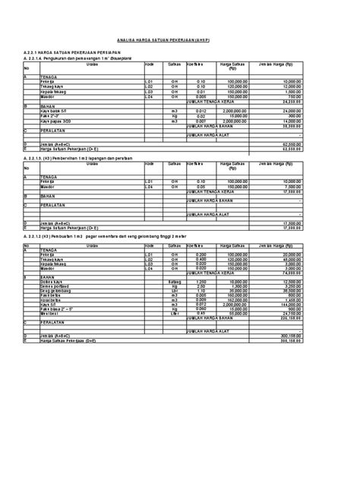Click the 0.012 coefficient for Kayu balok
pyautogui.click(x=201, y=111)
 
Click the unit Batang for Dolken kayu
pyautogui.click(x=174, y=281)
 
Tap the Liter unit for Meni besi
pyautogui.click(x=174, y=314)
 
